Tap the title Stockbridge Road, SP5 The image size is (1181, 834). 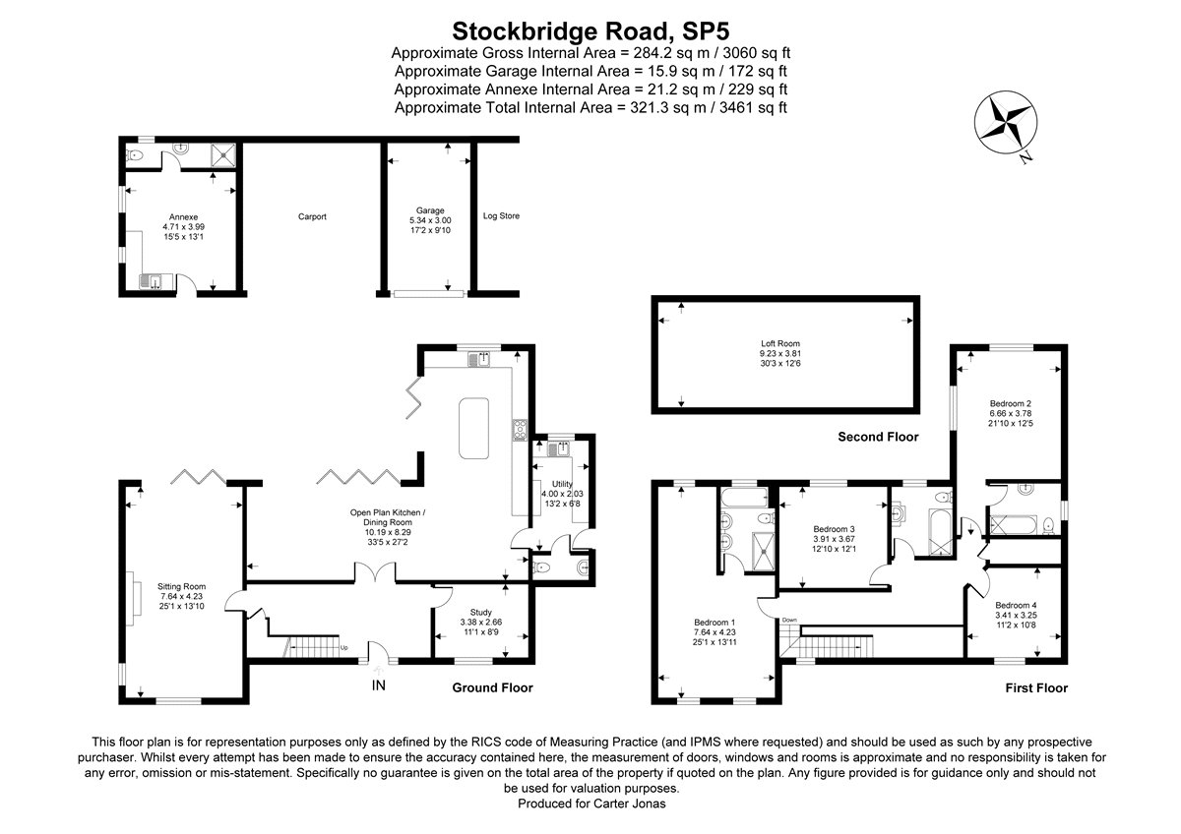590,30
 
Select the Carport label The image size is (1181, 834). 312,216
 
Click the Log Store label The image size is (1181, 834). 501,215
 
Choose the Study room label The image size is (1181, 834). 481,611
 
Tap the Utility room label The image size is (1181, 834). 562,484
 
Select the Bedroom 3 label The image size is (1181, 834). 824,528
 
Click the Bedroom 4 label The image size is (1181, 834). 1015,605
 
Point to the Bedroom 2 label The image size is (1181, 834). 1011,403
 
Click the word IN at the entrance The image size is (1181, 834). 379,685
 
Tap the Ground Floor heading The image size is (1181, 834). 492,687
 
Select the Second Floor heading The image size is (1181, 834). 877,437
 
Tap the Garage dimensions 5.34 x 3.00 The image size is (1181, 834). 430,221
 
